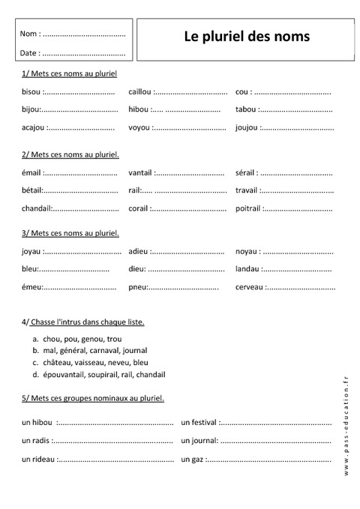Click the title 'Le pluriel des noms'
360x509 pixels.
(x=246, y=36)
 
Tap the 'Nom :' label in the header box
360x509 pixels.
(x=30, y=34)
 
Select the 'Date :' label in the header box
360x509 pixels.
(x=30, y=53)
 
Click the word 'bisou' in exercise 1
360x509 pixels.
(x=31, y=92)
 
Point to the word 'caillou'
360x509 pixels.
(x=139, y=92)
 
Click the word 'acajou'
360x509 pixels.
(x=34, y=128)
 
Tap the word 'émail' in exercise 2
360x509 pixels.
(x=32, y=173)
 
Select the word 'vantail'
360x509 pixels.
(x=140, y=173)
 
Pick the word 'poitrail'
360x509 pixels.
(x=247, y=208)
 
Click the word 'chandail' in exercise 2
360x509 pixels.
(x=36, y=208)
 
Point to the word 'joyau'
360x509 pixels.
(x=32, y=251)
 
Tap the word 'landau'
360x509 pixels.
(x=247, y=269)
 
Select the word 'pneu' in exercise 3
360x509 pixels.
(x=137, y=287)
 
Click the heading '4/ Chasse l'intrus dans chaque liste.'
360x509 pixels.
(x=83, y=322)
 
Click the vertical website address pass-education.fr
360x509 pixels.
(x=346, y=424)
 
